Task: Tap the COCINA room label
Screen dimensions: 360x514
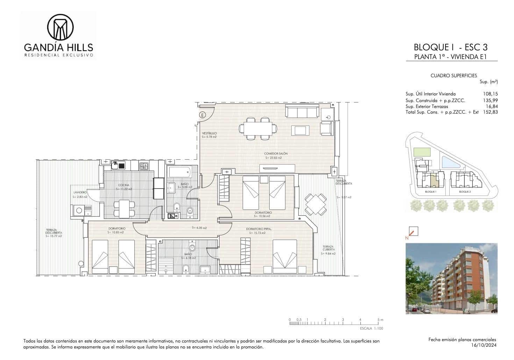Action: pyautogui.click(x=124, y=185)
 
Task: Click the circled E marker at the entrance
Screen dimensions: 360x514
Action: pyautogui.click(x=202, y=114)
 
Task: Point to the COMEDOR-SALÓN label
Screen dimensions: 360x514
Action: pyautogui.click(x=274, y=154)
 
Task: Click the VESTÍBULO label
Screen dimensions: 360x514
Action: pyautogui.click(x=209, y=133)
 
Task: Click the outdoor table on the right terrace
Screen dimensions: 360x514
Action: pyautogui.click(x=316, y=204)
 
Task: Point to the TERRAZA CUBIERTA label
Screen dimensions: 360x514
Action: pyautogui.click(x=328, y=248)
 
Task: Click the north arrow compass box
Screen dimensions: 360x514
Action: pyautogui.click(x=413, y=231)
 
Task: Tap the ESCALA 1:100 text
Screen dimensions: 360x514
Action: pyautogui.click(x=371, y=329)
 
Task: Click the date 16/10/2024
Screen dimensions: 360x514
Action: pyautogui.click(x=484, y=345)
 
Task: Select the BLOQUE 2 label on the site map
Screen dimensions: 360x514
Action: pyautogui.click(x=465, y=192)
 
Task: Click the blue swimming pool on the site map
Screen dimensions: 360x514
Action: pyautogui.click(x=449, y=162)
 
